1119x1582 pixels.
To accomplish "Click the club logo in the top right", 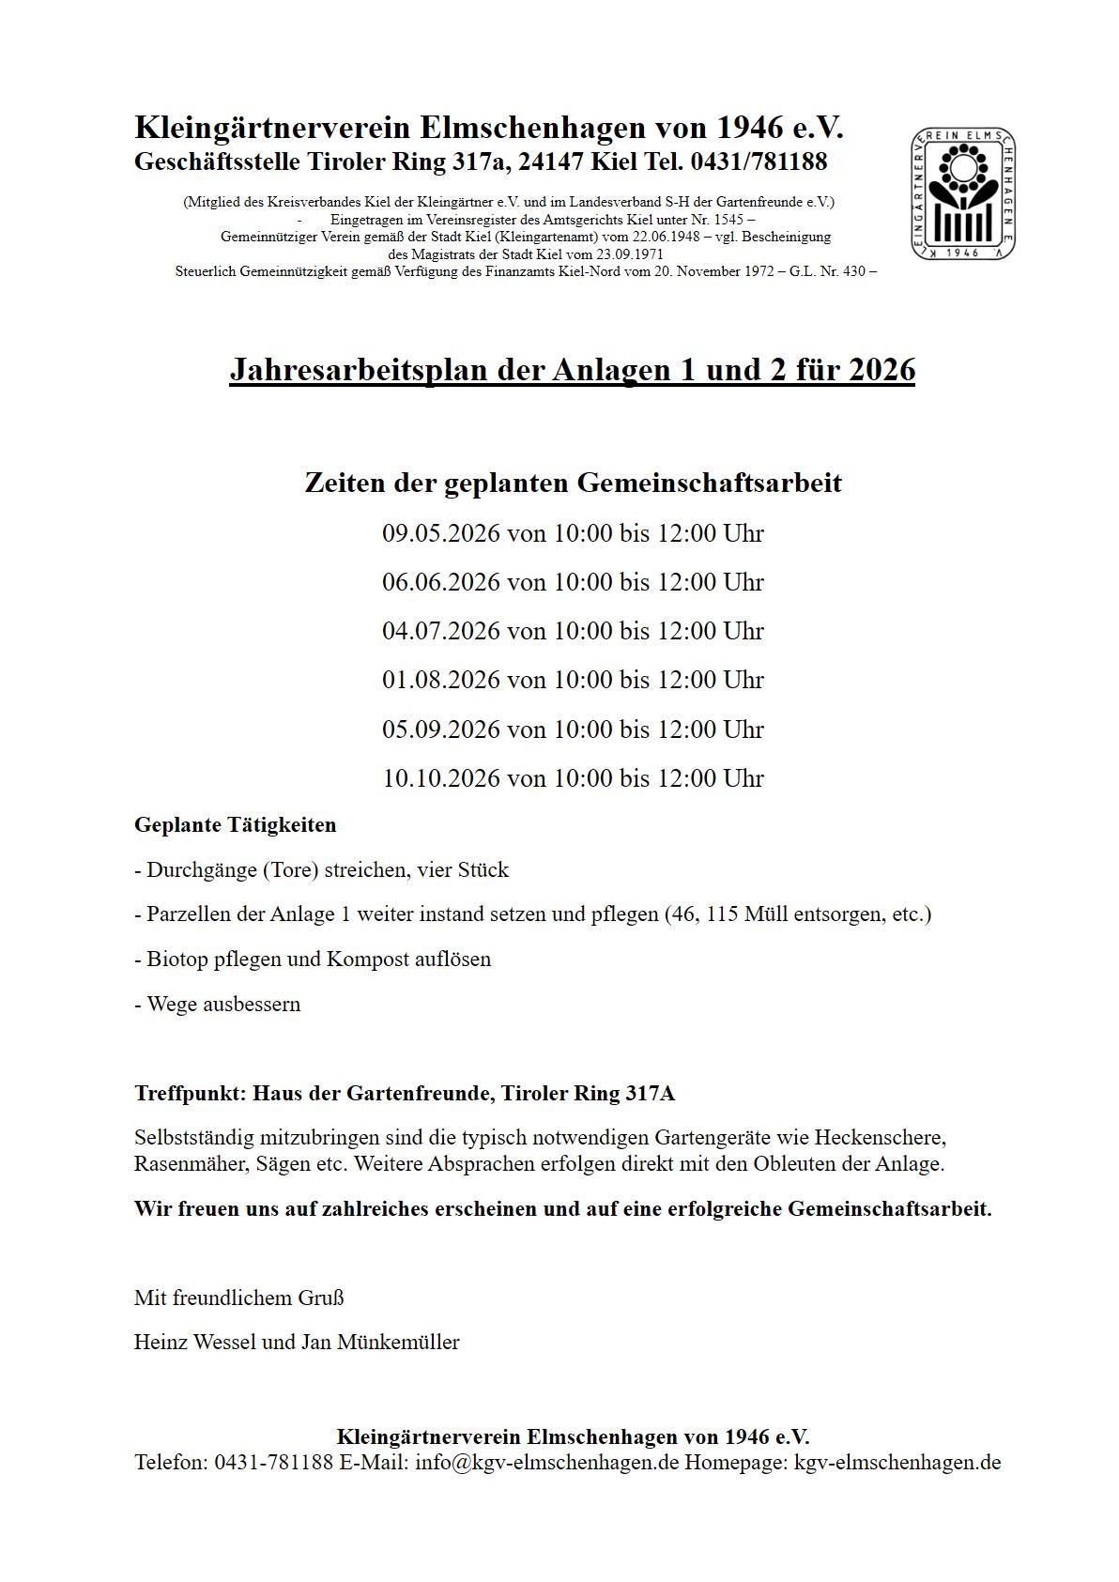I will [x=963, y=193].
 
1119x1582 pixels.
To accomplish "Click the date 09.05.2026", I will [x=440, y=533].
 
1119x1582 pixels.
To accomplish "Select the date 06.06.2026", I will [x=440, y=582].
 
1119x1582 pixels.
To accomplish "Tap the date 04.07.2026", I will [x=440, y=631].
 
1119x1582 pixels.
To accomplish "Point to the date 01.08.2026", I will [x=440, y=680].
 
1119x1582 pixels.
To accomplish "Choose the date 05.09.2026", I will [x=440, y=730].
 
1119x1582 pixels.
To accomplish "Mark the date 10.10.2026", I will [x=440, y=778].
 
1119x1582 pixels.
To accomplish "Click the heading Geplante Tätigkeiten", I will [x=235, y=825].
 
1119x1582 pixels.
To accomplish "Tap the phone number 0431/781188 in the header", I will [x=759, y=161].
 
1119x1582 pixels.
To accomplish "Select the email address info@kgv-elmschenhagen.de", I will [x=547, y=1462].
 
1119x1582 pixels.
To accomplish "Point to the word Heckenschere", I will [x=880, y=1138].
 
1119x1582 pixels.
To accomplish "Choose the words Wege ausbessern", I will [x=223, y=1005].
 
